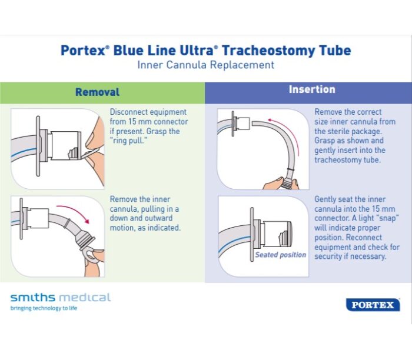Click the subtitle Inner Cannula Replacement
click(205, 65)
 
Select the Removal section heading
click(97, 92)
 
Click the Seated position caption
click(280, 255)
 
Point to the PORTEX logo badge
click(373, 305)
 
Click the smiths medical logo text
click(60, 297)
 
